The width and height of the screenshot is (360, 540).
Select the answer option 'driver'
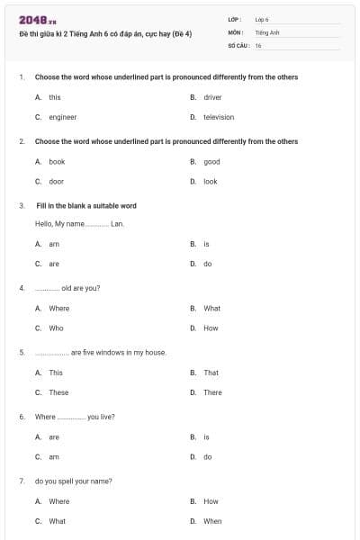[212, 96]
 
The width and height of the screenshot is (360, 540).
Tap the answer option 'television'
[218, 117]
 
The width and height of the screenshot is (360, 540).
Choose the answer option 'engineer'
[62, 117]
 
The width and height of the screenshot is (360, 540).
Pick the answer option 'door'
[56, 182]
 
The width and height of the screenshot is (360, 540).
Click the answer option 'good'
[211, 162]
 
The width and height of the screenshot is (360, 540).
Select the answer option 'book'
[57, 162]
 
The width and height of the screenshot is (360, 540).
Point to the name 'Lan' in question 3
[116, 223]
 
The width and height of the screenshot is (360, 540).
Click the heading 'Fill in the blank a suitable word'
[85, 205]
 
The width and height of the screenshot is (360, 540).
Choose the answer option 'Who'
[56, 328]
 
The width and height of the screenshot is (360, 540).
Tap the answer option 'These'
[58, 392]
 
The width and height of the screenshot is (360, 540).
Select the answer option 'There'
[212, 392]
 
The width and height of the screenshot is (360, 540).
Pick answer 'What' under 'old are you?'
[211, 308]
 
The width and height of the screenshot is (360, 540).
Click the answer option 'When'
[212, 521]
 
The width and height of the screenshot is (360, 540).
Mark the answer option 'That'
[211, 373]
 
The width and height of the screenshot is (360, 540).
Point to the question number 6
[21, 417]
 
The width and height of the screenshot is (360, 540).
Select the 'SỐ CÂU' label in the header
[238, 44]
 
